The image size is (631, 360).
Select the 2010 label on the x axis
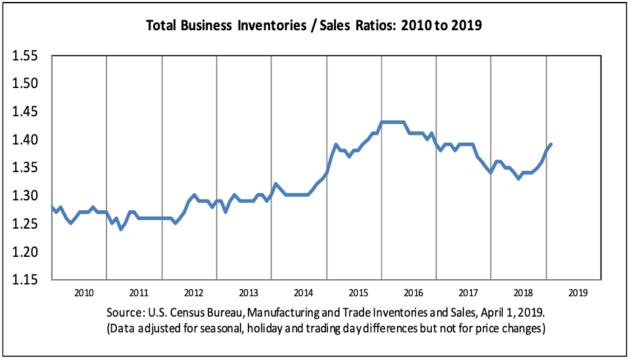click(83, 292)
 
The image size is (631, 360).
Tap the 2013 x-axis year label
click(248, 292)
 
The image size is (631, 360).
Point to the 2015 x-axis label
click(358, 292)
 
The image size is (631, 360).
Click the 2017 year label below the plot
click(467, 292)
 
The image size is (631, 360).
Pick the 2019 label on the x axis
click(577, 292)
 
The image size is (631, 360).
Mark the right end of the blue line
click(551, 145)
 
